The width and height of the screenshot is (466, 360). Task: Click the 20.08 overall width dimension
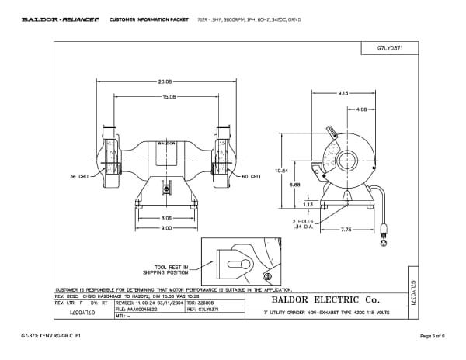pyautogui.click(x=165, y=81)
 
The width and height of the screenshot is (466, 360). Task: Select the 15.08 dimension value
pyautogui.click(x=168, y=96)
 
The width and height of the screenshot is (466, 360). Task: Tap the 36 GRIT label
pyautogui.click(x=80, y=177)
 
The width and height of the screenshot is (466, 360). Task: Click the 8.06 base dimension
pyautogui.click(x=165, y=219)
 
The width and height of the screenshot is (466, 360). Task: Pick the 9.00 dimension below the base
pyautogui.click(x=165, y=228)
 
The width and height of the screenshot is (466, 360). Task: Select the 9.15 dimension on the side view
pyautogui.click(x=343, y=93)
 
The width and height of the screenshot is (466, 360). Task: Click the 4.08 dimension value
pyautogui.click(x=360, y=109)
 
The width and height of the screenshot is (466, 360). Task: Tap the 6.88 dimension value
pyautogui.click(x=294, y=185)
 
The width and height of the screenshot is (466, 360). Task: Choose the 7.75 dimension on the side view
pyautogui.click(x=346, y=229)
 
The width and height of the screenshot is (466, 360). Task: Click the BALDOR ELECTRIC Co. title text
pyautogui.click(x=324, y=299)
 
